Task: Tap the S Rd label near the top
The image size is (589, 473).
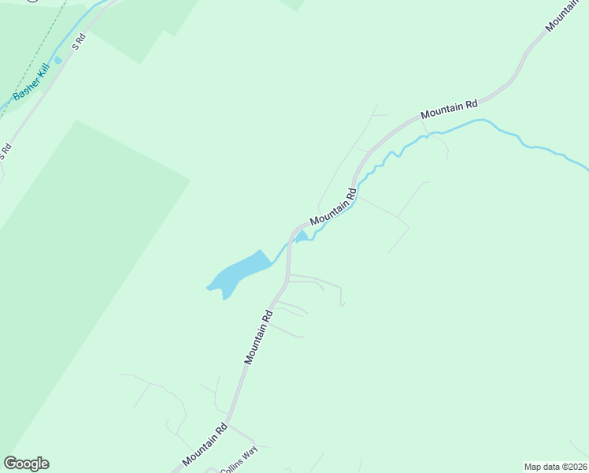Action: [78, 43]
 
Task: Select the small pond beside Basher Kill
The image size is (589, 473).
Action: [57, 60]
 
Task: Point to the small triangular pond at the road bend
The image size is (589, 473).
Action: [301, 236]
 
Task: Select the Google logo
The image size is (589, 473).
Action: [26, 464]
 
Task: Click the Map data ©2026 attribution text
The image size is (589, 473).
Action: [556, 467]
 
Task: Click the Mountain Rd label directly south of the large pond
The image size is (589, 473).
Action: [258, 337]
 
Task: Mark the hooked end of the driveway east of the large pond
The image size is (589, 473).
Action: [342, 304]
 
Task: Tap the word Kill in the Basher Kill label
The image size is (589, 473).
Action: [43, 77]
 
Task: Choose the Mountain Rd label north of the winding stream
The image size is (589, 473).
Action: [449, 110]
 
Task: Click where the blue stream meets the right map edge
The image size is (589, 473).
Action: [586, 167]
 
